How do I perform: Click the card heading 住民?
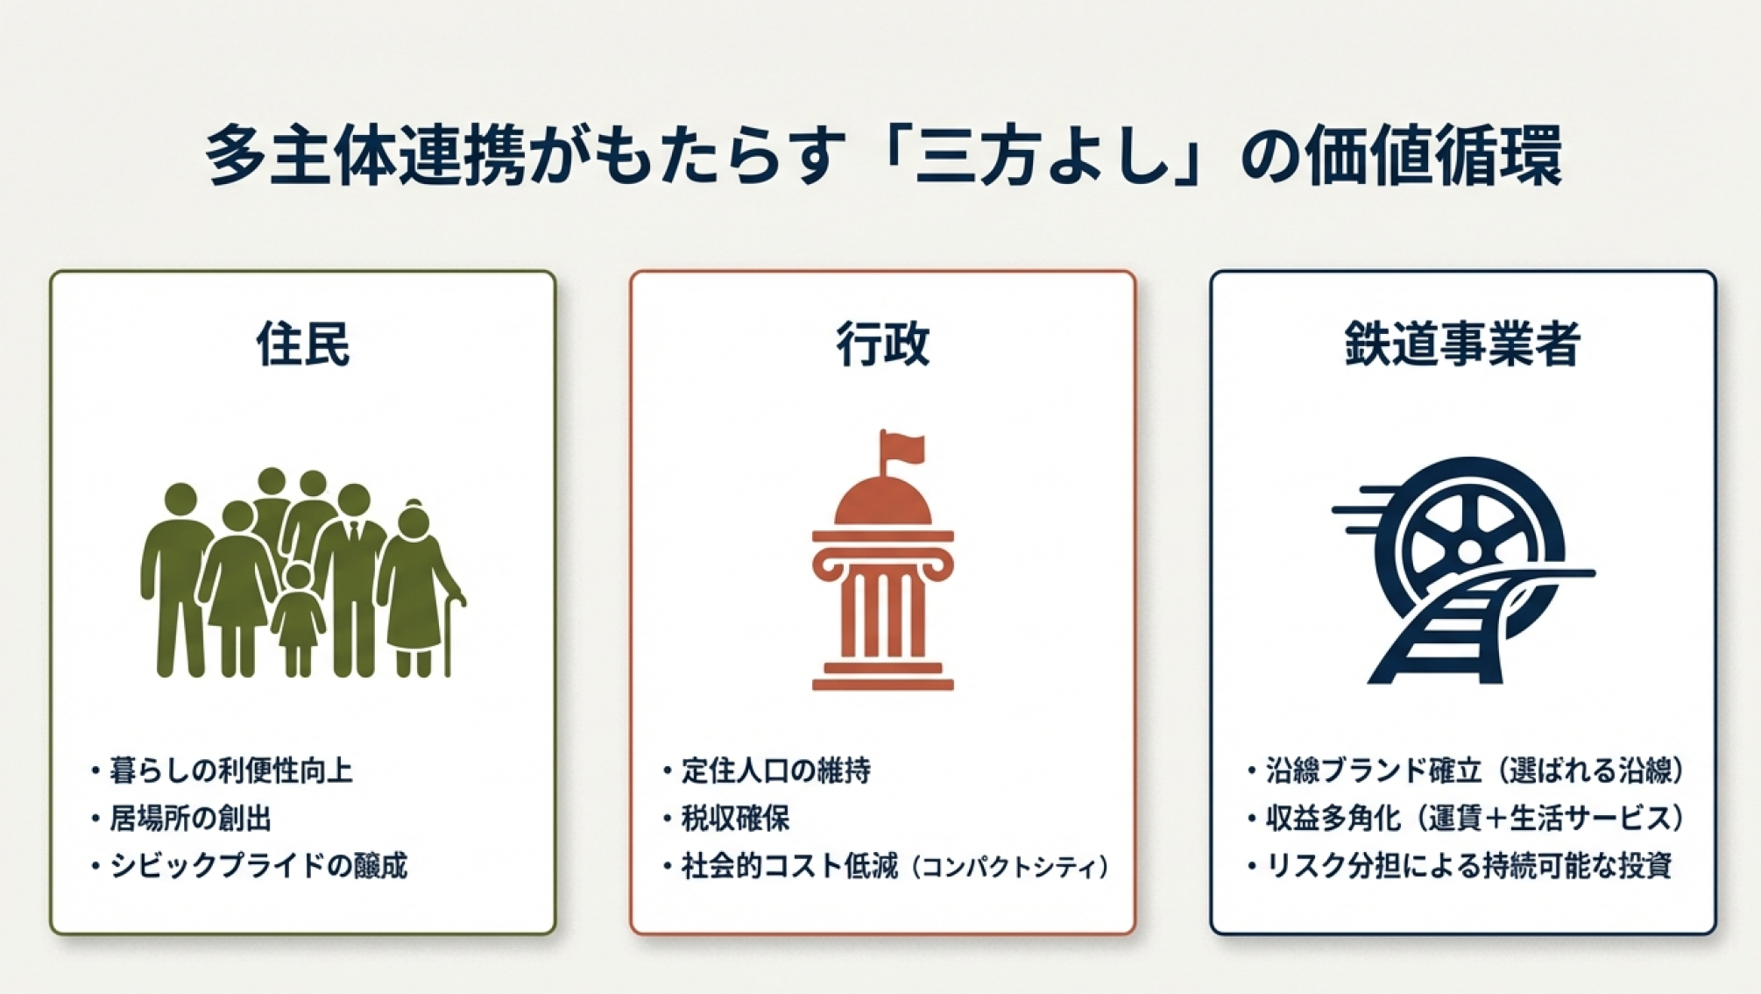pyautogui.click(x=303, y=343)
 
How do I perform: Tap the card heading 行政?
pyautogui.click(x=882, y=343)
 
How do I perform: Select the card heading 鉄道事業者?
pyautogui.click(x=1462, y=343)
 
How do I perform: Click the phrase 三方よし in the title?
pyautogui.click(x=1043, y=157)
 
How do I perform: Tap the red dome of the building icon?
pyautogui.click(x=882, y=501)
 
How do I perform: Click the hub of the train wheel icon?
pyautogui.click(x=1468, y=551)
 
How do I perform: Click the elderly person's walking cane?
pyautogui.click(x=451, y=635)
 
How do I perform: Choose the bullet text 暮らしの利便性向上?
pyautogui.click(x=231, y=770)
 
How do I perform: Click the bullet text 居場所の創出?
pyautogui.click(x=191, y=818)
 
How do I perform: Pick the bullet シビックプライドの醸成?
pyautogui.click(x=258, y=866)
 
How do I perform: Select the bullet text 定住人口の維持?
pyautogui.click(x=776, y=770)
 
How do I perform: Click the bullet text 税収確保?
pyautogui.click(x=736, y=818)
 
